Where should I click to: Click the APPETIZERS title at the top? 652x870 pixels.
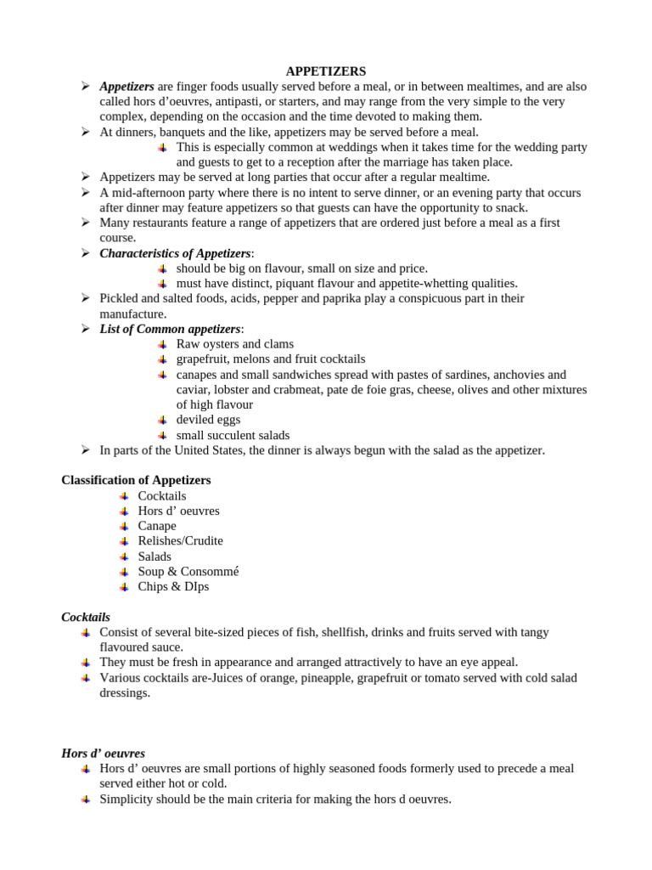pyautogui.click(x=326, y=71)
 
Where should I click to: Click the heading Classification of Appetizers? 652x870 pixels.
pyautogui.click(x=136, y=480)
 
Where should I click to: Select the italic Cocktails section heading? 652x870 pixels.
pyautogui.click(x=86, y=617)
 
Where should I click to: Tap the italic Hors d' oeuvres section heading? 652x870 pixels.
pyautogui.click(x=103, y=753)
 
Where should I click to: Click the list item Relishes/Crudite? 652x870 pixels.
pyautogui.click(x=180, y=540)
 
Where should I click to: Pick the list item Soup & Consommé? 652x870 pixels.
pyautogui.click(x=188, y=571)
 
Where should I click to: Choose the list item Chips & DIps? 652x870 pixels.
pyautogui.click(x=173, y=586)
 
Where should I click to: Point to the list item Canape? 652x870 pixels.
pyautogui.click(x=157, y=526)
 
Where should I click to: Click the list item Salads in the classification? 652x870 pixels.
pyautogui.click(x=155, y=556)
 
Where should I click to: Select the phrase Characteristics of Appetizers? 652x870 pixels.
pyautogui.click(x=175, y=253)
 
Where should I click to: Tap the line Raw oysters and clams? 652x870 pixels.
pyautogui.click(x=234, y=344)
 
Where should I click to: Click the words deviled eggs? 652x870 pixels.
pyautogui.click(x=208, y=420)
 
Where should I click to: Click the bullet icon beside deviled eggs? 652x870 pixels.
pyautogui.click(x=163, y=420)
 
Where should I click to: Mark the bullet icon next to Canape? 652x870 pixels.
pyautogui.click(x=125, y=526)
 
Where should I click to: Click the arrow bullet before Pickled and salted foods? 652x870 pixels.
pyautogui.click(x=86, y=298)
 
